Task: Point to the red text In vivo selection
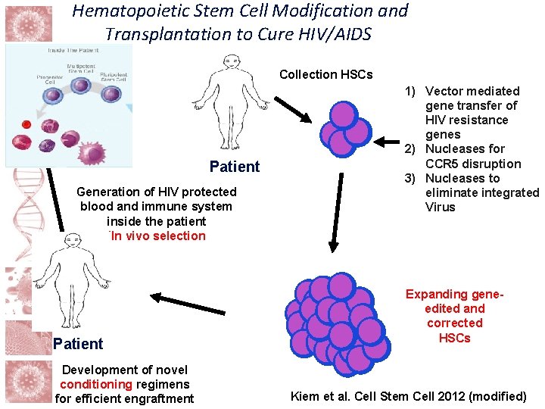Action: [157, 236]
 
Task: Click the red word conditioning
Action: [96, 384]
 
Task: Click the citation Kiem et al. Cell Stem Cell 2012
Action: [409, 395]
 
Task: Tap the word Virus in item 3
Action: [441, 207]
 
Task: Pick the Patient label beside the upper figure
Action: [235, 167]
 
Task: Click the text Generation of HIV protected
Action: [157, 192]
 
